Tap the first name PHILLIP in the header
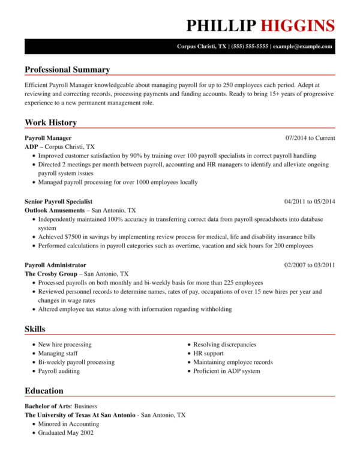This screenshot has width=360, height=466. point(221,25)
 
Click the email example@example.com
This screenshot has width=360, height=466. point(304,46)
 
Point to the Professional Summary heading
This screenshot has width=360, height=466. point(67,70)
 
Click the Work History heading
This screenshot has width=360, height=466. point(50,123)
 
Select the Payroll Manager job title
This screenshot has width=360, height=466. point(48,138)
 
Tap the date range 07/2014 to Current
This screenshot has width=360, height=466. point(310,138)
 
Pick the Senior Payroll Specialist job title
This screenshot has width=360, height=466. point(59,201)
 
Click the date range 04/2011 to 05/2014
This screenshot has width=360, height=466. point(310,201)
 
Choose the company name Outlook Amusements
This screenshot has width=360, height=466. point(55,211)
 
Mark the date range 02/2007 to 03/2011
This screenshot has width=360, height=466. point(310,265)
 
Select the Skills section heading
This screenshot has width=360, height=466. point(35,329)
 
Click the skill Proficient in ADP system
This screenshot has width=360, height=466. point(227,371)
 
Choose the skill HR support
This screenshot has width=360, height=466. point(209,354)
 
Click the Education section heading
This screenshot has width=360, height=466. point(44,391)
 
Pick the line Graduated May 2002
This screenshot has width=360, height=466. point(65,432)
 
